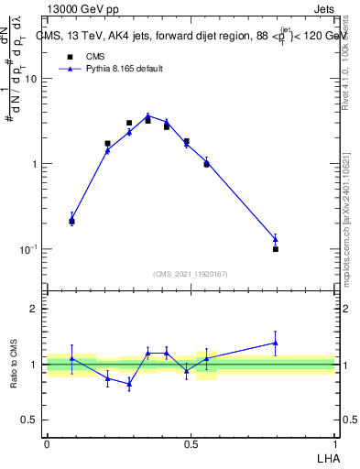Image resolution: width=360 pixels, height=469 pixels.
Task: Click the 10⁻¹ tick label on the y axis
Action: [x=31, y=249]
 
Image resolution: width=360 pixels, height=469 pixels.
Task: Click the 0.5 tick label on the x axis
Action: [x=191, y=443]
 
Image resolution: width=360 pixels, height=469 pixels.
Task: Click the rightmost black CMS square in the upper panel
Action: [x=276, y=248]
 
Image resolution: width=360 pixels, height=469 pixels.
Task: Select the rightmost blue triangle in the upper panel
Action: [x=276, y=239]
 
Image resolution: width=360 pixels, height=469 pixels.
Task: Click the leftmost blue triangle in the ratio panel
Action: [x=71, y=358]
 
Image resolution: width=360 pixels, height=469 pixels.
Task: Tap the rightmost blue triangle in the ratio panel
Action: [x=276, y=343]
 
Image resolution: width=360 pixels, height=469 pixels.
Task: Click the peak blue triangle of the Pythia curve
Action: [x=147, y=116]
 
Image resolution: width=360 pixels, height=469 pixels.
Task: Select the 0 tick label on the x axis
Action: [x=47, y=443]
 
